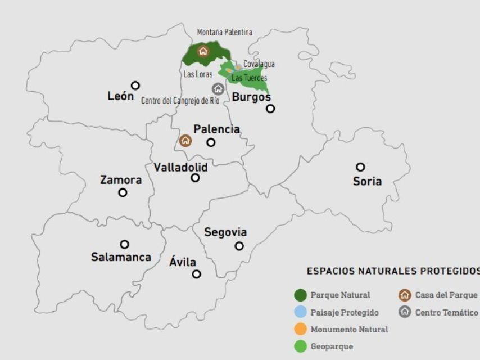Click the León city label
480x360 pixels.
click(x=120, y=96)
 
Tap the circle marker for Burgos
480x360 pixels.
click(x=270, y=109)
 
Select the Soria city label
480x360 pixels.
click(x=367, y=181)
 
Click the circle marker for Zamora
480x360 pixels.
click(x=123, y=192)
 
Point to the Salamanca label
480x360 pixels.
click(x=121, y=257)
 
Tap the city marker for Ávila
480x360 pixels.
click(x=196, y=274)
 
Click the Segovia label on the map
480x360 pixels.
click(x=225, y=232)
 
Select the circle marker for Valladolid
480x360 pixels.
click(x=195, y=178)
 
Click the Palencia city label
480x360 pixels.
click(x=216, y=129)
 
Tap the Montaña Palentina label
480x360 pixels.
click(x=225, y=32)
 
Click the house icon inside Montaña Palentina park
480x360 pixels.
click(x=203, y=51)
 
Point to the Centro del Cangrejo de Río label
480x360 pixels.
click(x=180, y=101)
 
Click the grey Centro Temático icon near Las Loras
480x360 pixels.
click(x=218, y=88)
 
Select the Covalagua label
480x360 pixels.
click(x=259, y=65)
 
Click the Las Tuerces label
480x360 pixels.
click(x=250, y=78)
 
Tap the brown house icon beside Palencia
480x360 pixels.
click(x=185, y=141)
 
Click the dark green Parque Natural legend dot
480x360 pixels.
click(x=300, y=295)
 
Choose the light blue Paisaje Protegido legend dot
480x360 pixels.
click(x=300, y=312)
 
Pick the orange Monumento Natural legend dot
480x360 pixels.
click(x=300, y=329)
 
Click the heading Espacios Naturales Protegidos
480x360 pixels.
click(x=393, y=271)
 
